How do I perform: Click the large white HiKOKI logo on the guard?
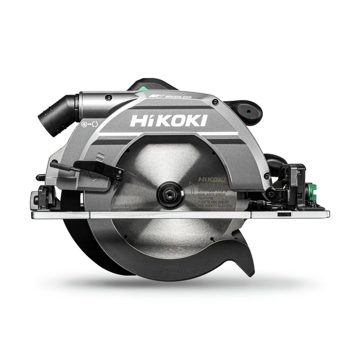[x=168, y=121]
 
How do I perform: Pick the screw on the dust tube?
[x=108, y=97]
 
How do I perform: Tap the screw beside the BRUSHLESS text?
[x=216, y=103]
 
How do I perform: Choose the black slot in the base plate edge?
[x=283, y=215]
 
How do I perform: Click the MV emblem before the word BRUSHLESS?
[x=154, y=96]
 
